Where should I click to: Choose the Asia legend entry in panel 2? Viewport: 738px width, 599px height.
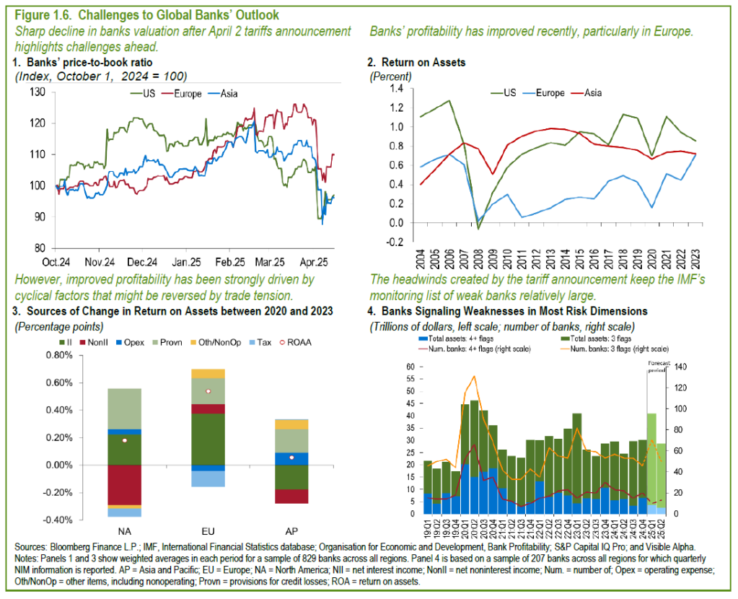589,92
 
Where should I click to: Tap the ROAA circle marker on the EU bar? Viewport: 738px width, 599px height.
207,391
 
